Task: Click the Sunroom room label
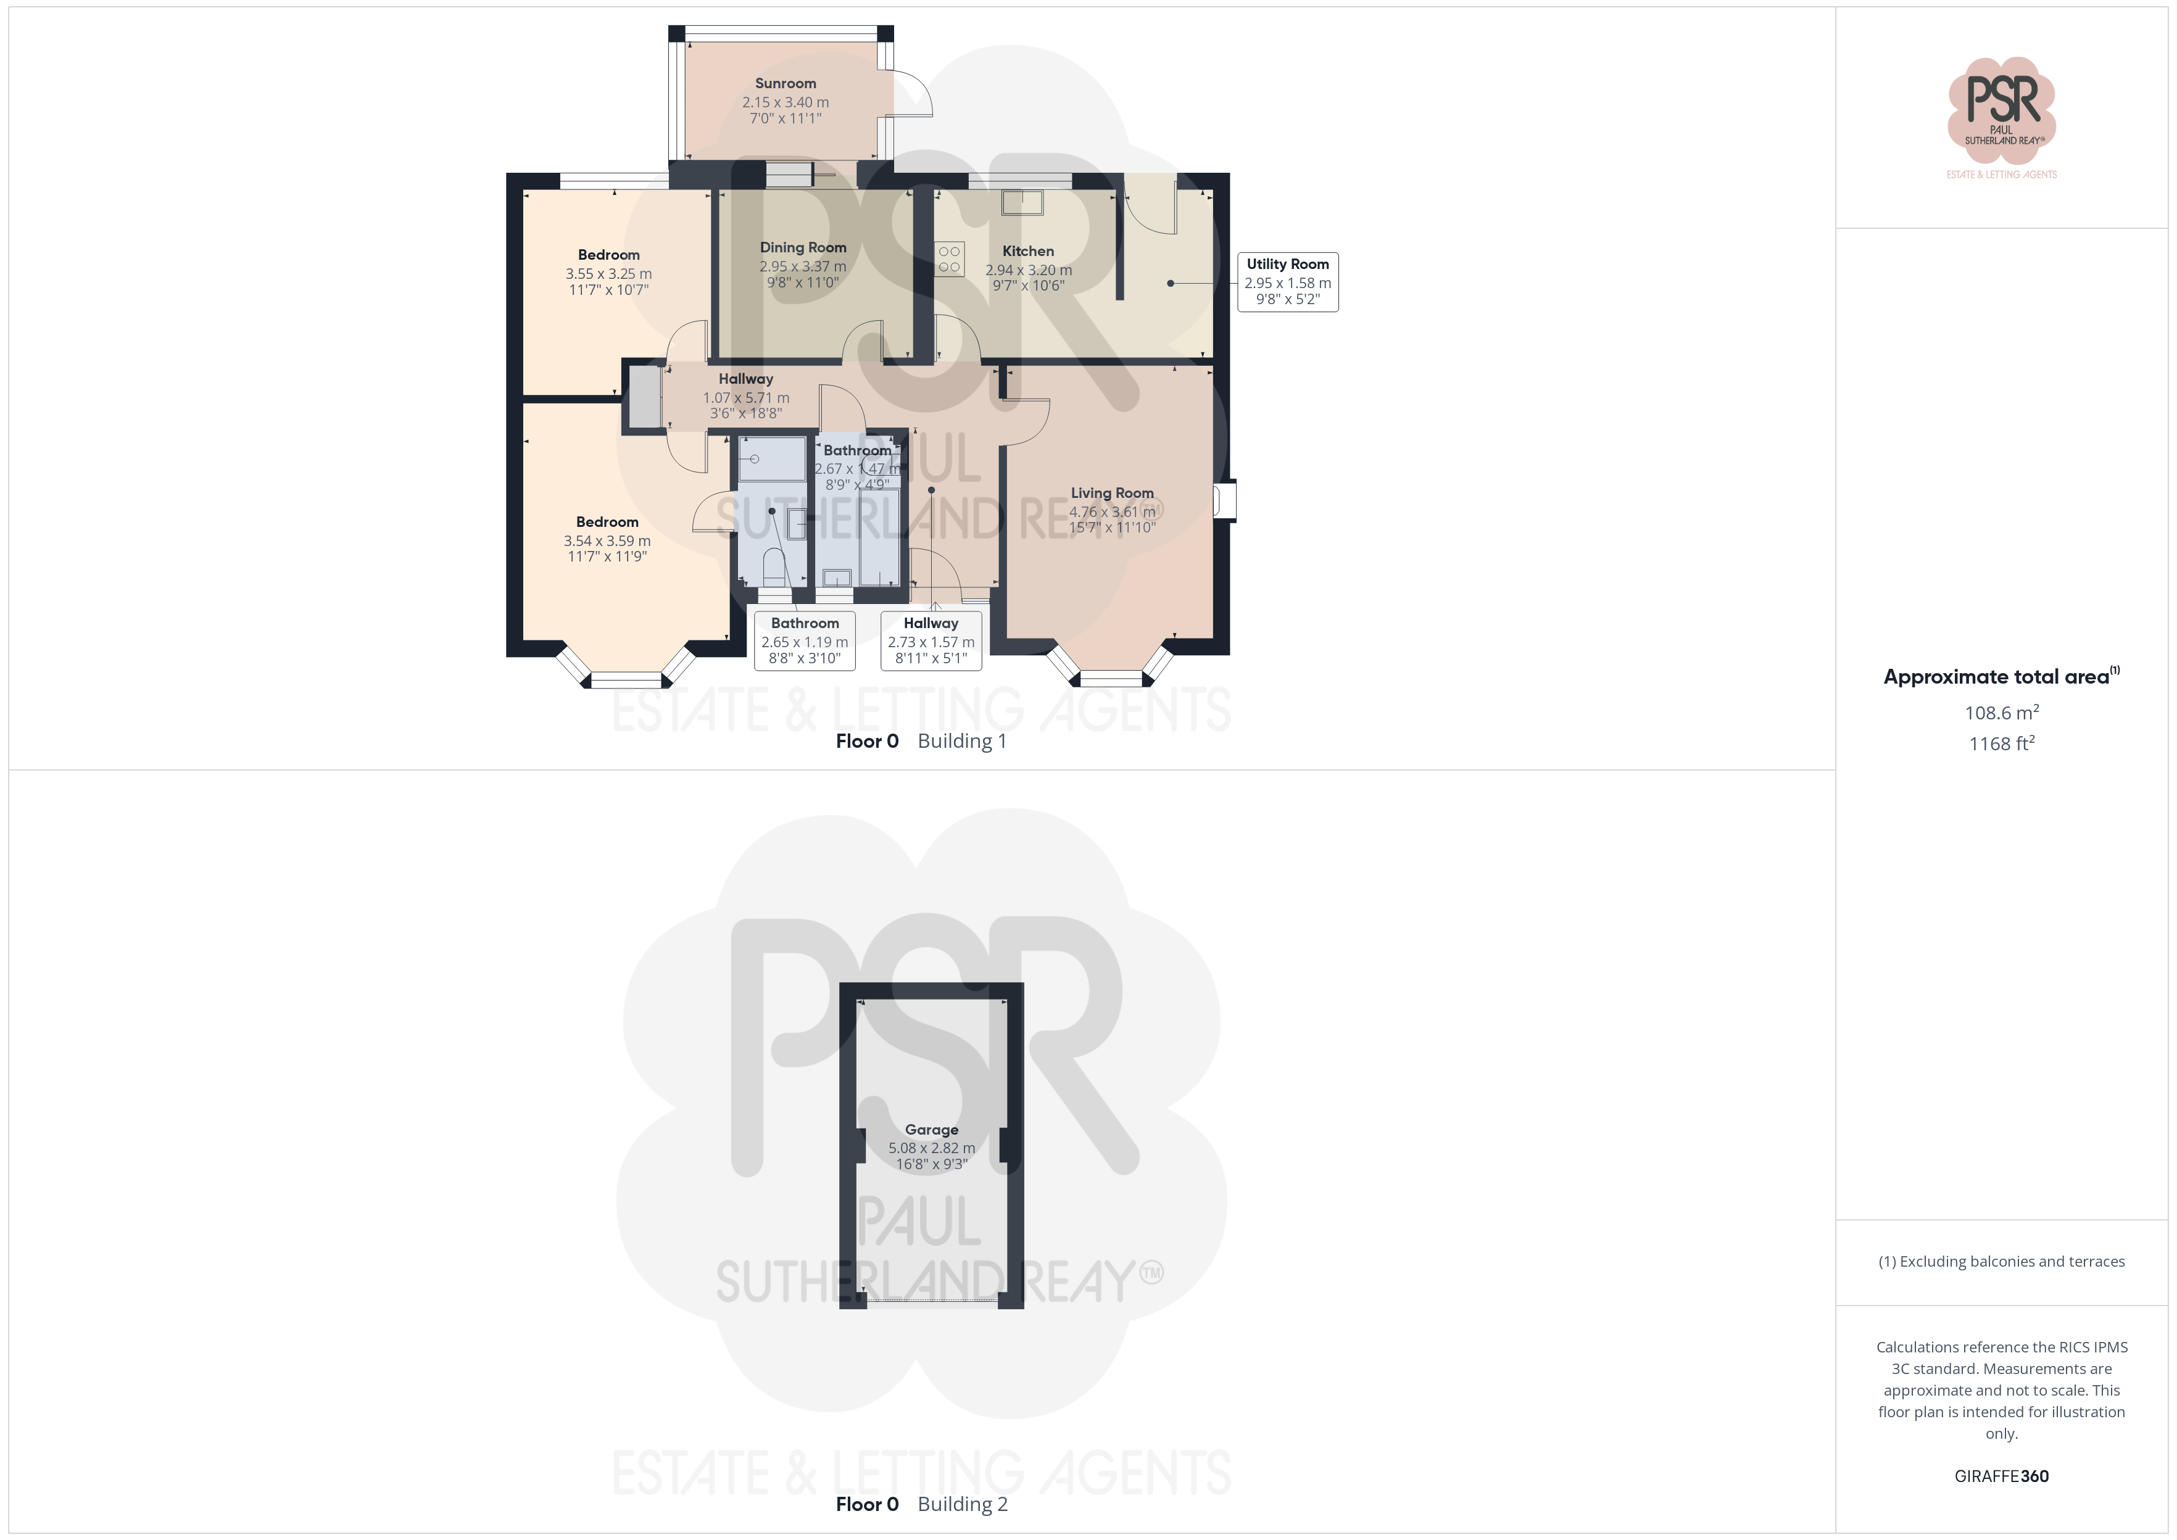pos(785,83)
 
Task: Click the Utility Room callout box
pos(1288,281)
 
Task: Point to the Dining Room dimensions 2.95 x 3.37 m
pos(802,267)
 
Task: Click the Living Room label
pos(1112,493)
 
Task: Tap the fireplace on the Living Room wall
pos(1225,501)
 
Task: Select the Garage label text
pos(931,1130)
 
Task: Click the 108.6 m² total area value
pos(2002,712)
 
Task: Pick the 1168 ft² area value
pos(2002,743)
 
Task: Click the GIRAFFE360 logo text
pos(2002,1476)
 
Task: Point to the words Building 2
pos(963,1504)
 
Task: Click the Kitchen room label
pos(1028,251)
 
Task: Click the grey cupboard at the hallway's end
pos(645,396)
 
